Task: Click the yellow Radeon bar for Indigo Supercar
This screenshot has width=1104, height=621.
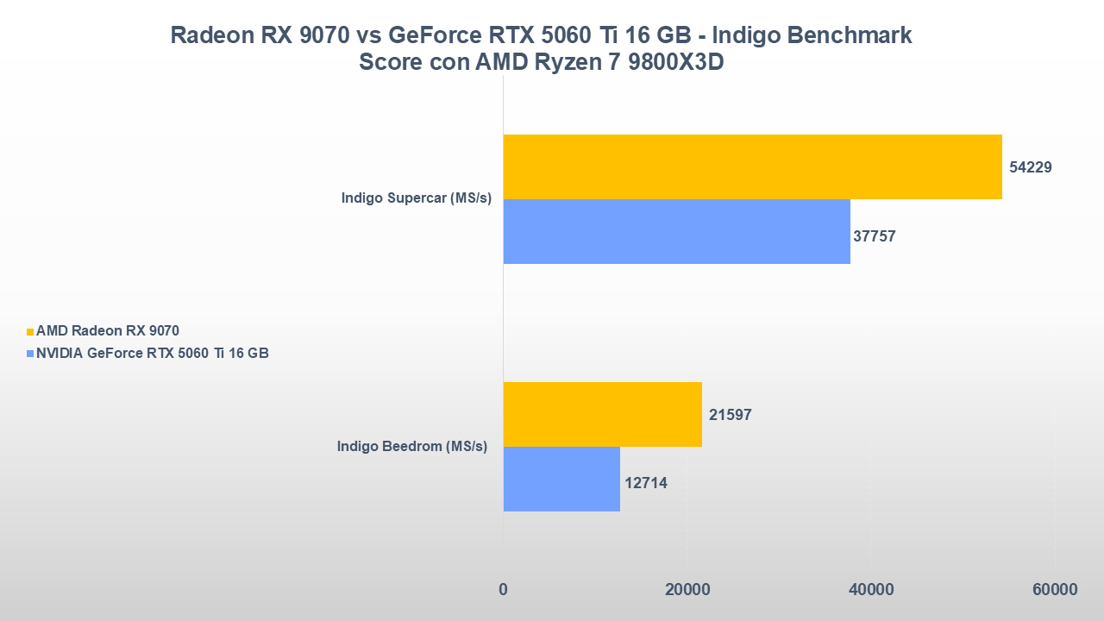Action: tap(752, 166)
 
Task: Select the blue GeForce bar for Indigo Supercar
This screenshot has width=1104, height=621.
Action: tap(676, 231)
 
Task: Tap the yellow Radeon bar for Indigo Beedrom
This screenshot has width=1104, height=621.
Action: tap(602, 414)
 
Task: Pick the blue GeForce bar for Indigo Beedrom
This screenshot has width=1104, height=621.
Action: tap(561, 479)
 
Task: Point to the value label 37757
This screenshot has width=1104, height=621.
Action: tap(875, 235)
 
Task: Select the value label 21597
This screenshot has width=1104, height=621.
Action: tap(731, 415)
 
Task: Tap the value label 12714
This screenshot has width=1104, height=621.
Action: tap(646, 483)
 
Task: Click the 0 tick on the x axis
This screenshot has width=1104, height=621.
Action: tap(503, 590)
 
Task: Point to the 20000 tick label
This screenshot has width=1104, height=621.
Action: tap(687, 590)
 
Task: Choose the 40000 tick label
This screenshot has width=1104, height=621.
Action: tap(871, 590)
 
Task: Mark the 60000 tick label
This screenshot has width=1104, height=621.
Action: tap(1055, 590)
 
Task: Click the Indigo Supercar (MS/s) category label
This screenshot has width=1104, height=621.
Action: tap(416, 198)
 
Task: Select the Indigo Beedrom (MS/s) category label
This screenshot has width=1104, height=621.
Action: tap(412, 447)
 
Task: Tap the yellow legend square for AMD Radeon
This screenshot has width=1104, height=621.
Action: tap(30, 331)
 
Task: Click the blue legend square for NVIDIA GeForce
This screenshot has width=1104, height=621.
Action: tap(30, 354)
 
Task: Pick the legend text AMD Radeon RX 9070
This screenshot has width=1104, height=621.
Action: tap(108, 330)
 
